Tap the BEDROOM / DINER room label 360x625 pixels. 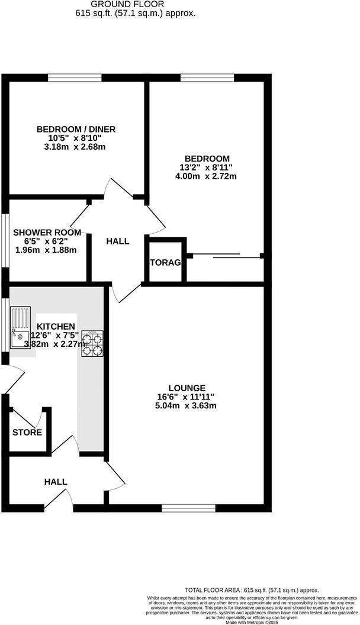pyautogui.click(x=76, y=130)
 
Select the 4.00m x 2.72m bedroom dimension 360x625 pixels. pyautogui.click(x=207, y=176)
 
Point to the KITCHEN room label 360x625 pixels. pyautogui.click(x=56, y=326)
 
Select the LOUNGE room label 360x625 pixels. pyautogui.click(x=186, y=388)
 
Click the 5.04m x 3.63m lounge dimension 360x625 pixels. pyautogui.click(x=186, y=405)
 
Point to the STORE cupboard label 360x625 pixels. pyautogui.click(x=27, y=432)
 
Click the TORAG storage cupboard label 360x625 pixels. pyautogui.click(x=165, y=262)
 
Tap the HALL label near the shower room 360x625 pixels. pyautogui.click(x=117, y=241)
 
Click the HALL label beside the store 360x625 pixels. pyautogui.click(x=56, y=482)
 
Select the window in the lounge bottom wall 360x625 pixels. pyautogui.click(x=188, y=507)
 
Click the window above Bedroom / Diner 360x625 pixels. pyautogui.click(x=75, y=78)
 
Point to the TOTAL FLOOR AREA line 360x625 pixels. pyautogui.click(x=252, y=590)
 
